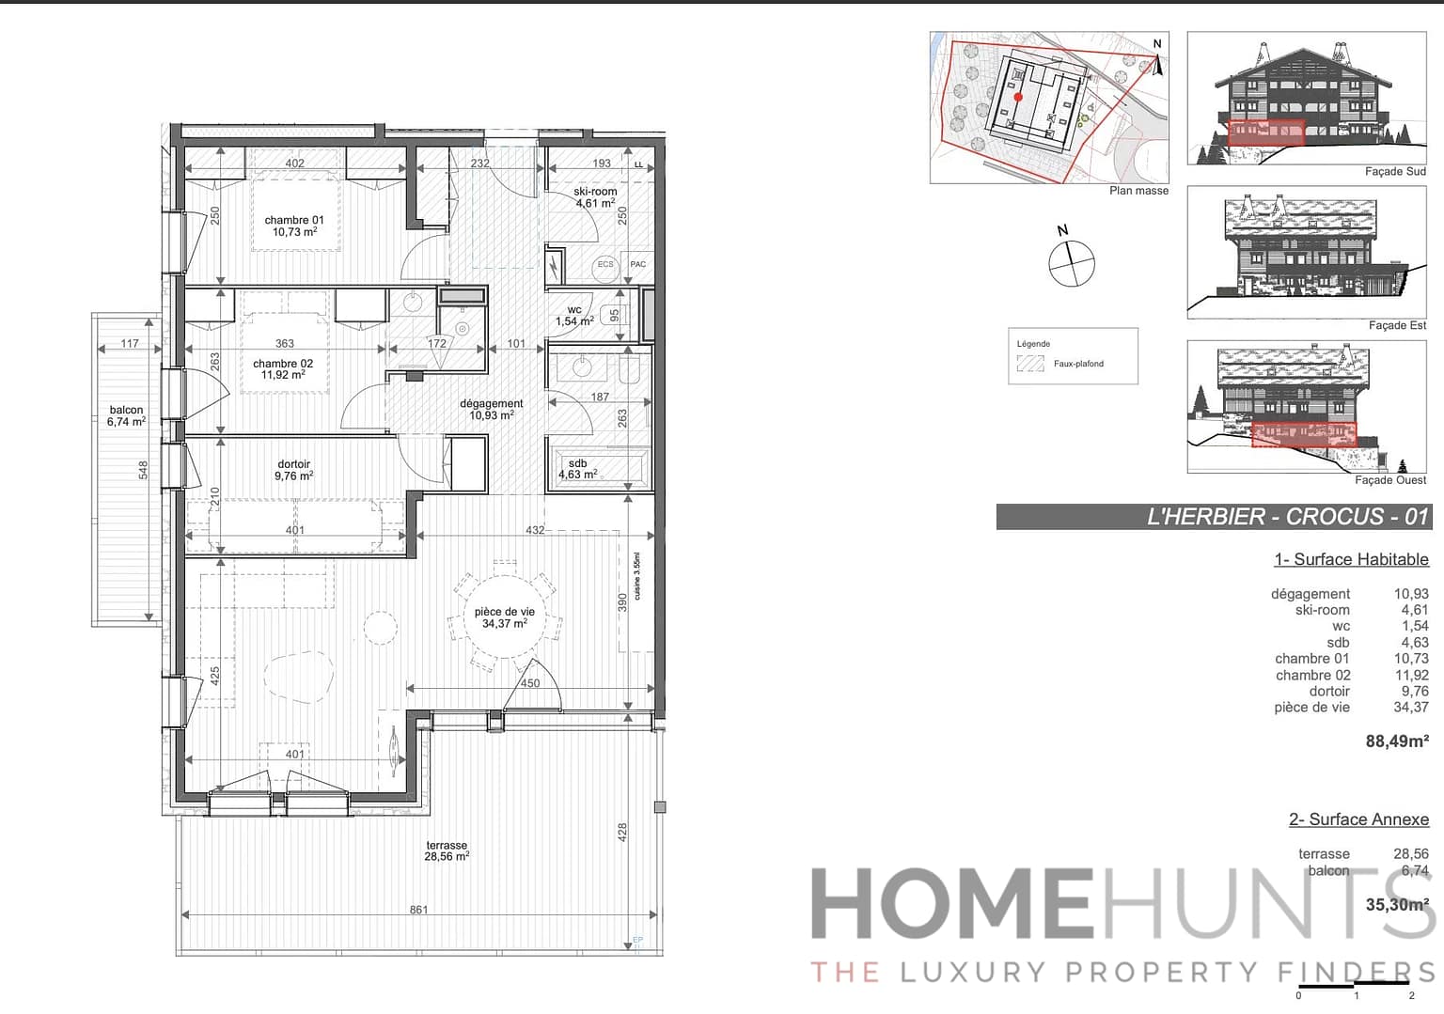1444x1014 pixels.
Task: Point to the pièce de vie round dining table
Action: [505, 616]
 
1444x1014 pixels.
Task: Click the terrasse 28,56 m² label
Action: [447, 850]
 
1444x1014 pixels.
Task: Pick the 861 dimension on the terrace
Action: [418, 910]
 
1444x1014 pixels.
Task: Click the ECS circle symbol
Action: [605, 264]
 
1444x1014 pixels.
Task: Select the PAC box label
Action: [638, 264]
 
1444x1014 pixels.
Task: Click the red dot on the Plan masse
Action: [1018, 97]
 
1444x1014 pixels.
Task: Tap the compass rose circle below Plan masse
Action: [1072, 263]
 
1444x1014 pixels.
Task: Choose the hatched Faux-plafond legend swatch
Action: [1030, 364]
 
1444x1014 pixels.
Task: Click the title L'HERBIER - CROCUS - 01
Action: [1287, 517]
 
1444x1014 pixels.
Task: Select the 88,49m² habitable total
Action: [1397, 741]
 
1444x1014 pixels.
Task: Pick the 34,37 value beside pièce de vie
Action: [1410, 708]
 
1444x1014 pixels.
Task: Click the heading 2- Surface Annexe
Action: [1358, 819]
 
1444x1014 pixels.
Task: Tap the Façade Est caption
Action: [1397, 325]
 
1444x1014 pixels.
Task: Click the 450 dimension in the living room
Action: [530, 683]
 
